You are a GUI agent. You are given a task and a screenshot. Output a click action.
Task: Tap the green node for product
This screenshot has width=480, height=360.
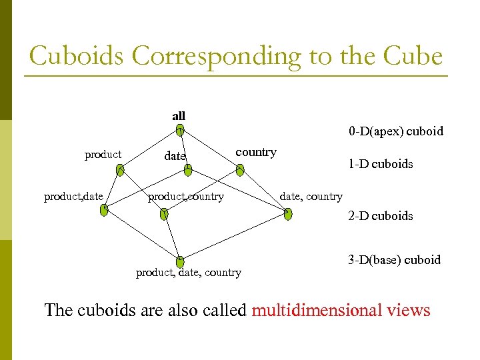[x=119, y=171]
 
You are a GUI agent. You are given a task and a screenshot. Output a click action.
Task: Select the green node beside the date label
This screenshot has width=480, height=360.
[x=188, y=171]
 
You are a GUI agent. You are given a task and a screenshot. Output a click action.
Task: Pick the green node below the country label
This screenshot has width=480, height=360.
[x=240, y=170]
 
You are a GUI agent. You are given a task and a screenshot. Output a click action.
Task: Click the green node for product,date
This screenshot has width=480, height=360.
[x=104, y=211]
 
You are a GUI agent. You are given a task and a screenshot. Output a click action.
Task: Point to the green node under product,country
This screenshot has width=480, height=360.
[x=165, y=214]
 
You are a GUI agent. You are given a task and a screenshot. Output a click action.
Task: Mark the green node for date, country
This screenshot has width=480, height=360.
[x=287, y=214]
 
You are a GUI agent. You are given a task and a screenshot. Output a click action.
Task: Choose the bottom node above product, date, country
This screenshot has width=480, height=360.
[x=180, y=261]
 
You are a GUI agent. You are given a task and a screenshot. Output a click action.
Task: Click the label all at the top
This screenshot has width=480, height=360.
[x=179, y=116]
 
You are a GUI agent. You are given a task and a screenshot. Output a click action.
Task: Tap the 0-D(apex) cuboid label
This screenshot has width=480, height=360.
[x=395, y=131]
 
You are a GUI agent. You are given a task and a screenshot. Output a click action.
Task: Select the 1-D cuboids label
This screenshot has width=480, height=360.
[x=380, y=164]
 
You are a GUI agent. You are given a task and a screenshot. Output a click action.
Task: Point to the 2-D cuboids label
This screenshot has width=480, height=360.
[x=380, y=216]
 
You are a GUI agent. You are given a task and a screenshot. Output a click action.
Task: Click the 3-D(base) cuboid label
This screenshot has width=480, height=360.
[x=394, y=260]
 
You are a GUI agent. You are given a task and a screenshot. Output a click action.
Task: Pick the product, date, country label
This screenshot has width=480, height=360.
[x=189, y=272]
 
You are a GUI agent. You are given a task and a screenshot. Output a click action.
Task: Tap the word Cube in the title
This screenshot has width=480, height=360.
[x=413, y=56]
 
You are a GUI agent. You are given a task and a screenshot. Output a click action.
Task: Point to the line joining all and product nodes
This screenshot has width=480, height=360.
[x=150, y=151]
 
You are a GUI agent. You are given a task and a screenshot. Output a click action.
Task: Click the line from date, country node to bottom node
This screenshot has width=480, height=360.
[x=233, y=238]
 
